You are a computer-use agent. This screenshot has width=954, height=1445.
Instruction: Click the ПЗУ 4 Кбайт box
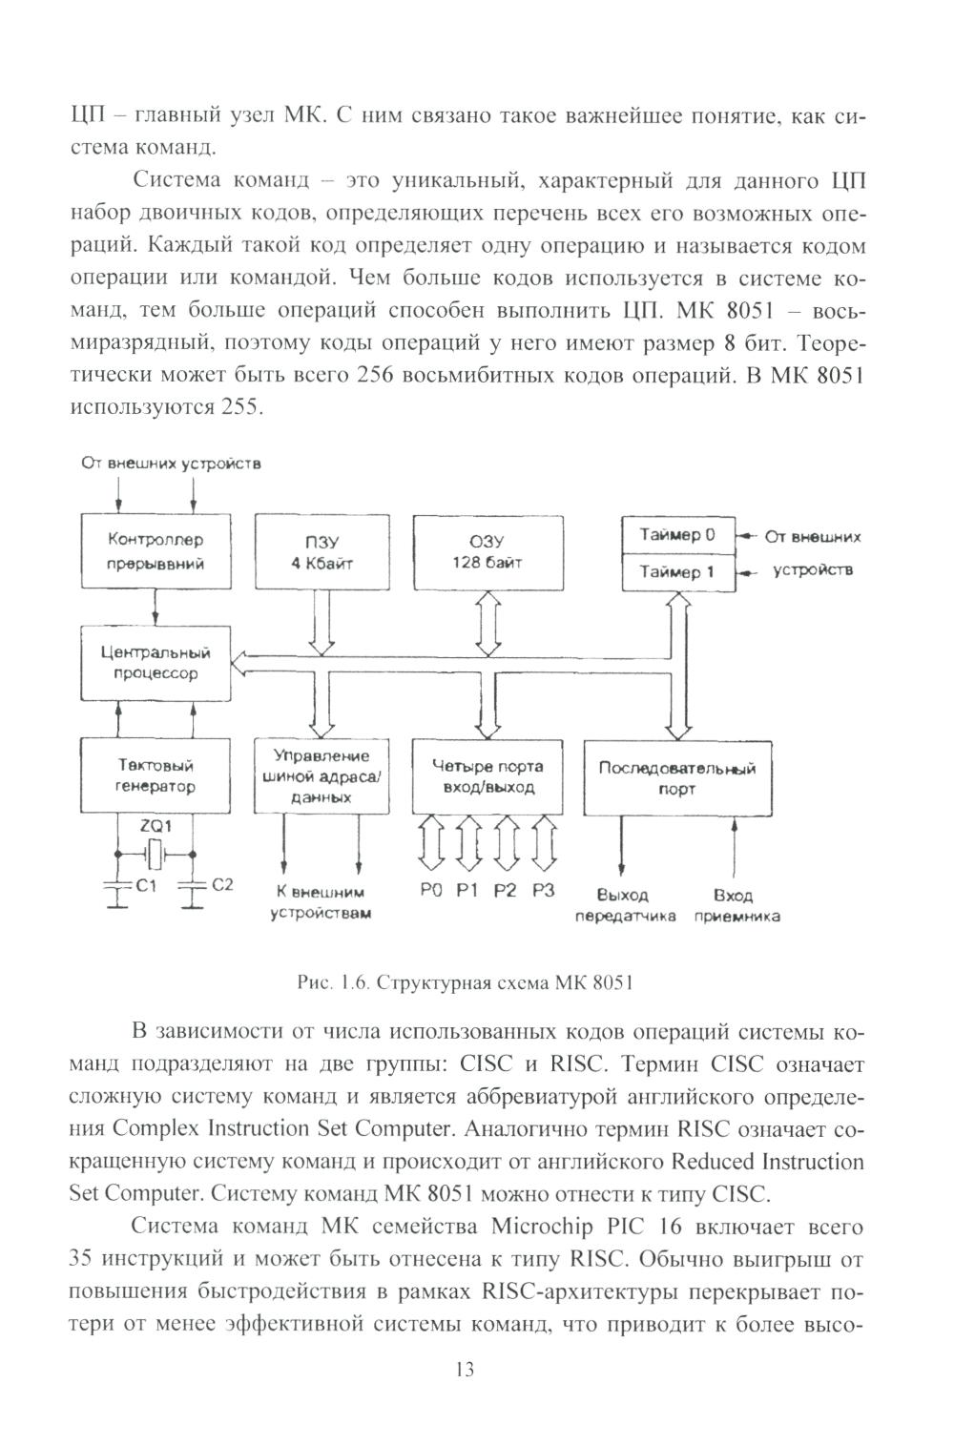322,552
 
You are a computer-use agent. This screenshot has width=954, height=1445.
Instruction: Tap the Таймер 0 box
677,535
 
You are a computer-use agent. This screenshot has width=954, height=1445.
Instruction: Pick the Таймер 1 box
677,572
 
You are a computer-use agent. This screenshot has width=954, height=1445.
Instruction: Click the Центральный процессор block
156,663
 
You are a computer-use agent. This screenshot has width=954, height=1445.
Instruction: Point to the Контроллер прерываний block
156,552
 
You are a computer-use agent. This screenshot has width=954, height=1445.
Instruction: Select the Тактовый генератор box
156,775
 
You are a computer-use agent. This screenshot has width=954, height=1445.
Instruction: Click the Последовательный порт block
676,777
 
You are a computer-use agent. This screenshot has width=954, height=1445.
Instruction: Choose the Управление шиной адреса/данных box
321,775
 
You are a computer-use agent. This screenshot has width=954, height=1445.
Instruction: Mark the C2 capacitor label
221,885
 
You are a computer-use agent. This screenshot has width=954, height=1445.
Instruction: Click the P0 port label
430,891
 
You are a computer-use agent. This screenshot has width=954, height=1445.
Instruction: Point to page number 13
465,1371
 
